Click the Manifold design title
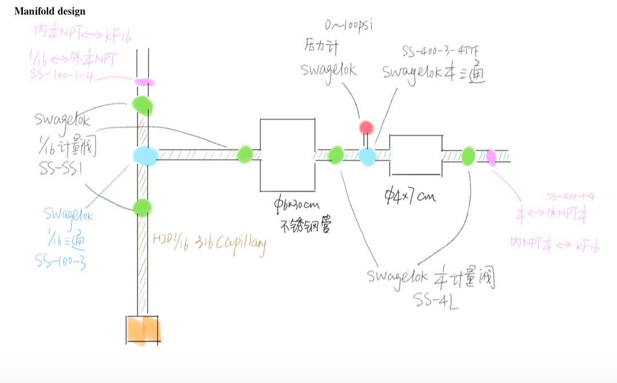[x=50, y=11]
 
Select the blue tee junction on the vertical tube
[x=145, y=155]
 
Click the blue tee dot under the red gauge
[x=367, y=155]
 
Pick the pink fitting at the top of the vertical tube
[x=144, y=82]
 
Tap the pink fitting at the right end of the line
[x=491, y=157]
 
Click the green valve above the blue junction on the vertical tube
[x=143, y=105]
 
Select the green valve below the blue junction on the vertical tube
[x=142, y=208]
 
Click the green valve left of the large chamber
[x=245, y=154]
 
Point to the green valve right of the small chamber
[x=468, y=155]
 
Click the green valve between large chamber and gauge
[x=336, y=154]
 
